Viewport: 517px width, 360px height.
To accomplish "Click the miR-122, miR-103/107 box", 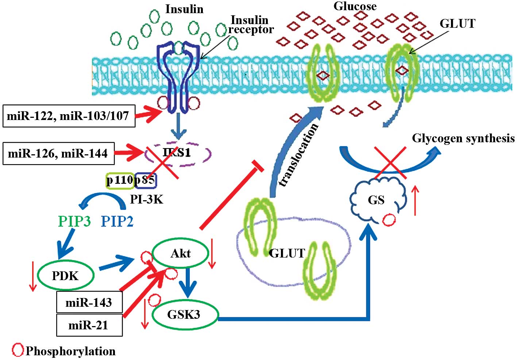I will (69, 116).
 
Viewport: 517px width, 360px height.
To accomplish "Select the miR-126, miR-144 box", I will (58, 153).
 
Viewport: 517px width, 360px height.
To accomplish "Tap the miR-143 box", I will (89, 302).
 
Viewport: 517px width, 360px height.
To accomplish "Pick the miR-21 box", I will (89, 325).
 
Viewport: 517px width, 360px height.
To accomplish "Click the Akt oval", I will (180, 253).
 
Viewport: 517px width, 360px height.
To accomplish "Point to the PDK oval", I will (66, 275).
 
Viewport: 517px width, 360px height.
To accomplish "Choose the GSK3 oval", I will (185, 314).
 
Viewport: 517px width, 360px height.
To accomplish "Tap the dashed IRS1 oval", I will (178, 153).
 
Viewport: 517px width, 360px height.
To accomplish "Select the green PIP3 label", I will (74, 221).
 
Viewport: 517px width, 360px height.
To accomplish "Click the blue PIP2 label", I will (117, 221).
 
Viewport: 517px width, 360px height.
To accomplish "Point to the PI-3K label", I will (146, 199).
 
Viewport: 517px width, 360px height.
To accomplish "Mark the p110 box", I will (120, 180).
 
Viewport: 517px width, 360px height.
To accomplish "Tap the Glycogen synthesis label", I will (463, 138).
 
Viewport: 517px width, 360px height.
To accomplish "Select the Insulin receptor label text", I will (251, 25).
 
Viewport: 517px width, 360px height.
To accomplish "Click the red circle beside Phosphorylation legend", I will (18, 350).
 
